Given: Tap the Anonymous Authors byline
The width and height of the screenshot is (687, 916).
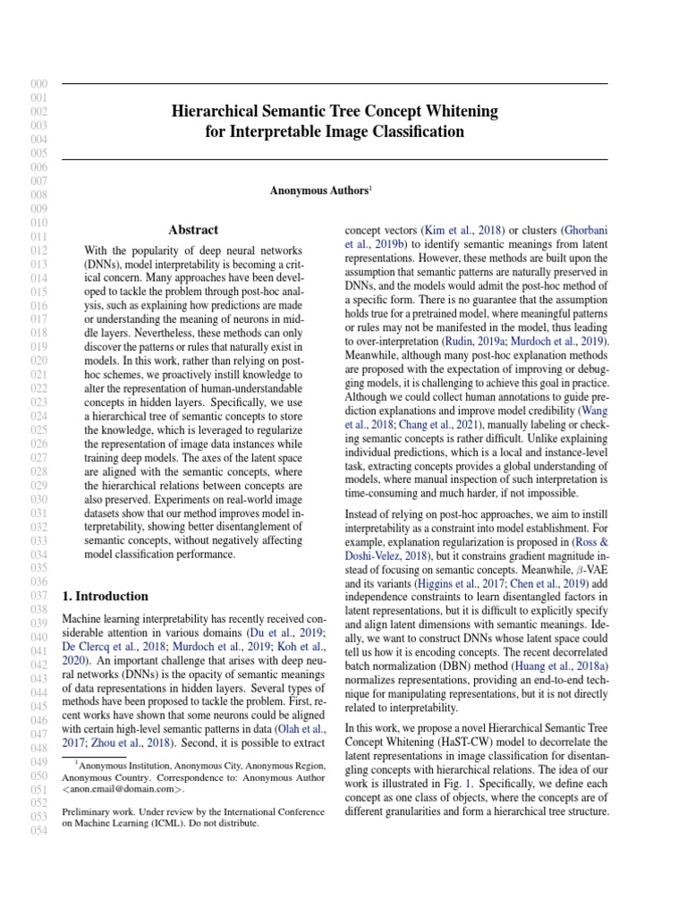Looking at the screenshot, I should click(x=320, y=191).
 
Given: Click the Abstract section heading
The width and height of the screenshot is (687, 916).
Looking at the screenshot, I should click(x=193, y=230).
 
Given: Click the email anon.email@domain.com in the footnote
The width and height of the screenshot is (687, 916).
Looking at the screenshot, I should click(x=122, y=790).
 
